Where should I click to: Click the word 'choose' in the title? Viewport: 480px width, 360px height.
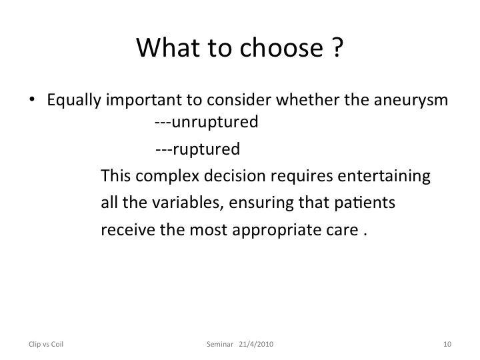coord(281,48)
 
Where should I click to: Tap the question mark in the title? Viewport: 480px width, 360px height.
coord(337,47)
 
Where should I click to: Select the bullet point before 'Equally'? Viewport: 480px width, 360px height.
coord(32,99)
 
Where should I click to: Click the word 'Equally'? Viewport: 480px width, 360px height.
coord(74,101)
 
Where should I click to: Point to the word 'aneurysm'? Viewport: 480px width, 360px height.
coord(411,100)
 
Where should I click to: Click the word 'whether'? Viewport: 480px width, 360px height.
coord(307,99)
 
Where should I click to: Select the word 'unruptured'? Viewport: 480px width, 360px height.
coord(215,123)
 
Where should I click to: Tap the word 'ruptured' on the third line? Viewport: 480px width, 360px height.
coord(206,150)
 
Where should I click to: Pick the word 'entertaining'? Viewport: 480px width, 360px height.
coord(384,177)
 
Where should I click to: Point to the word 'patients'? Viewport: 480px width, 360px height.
coord(364,203)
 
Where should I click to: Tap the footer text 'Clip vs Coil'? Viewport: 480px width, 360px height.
coord(46,344)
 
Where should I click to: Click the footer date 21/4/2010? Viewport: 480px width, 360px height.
coord(256,344)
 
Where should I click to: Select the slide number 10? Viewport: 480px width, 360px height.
coord(447,344)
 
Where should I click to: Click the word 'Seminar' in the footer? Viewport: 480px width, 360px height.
coord(220,344)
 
